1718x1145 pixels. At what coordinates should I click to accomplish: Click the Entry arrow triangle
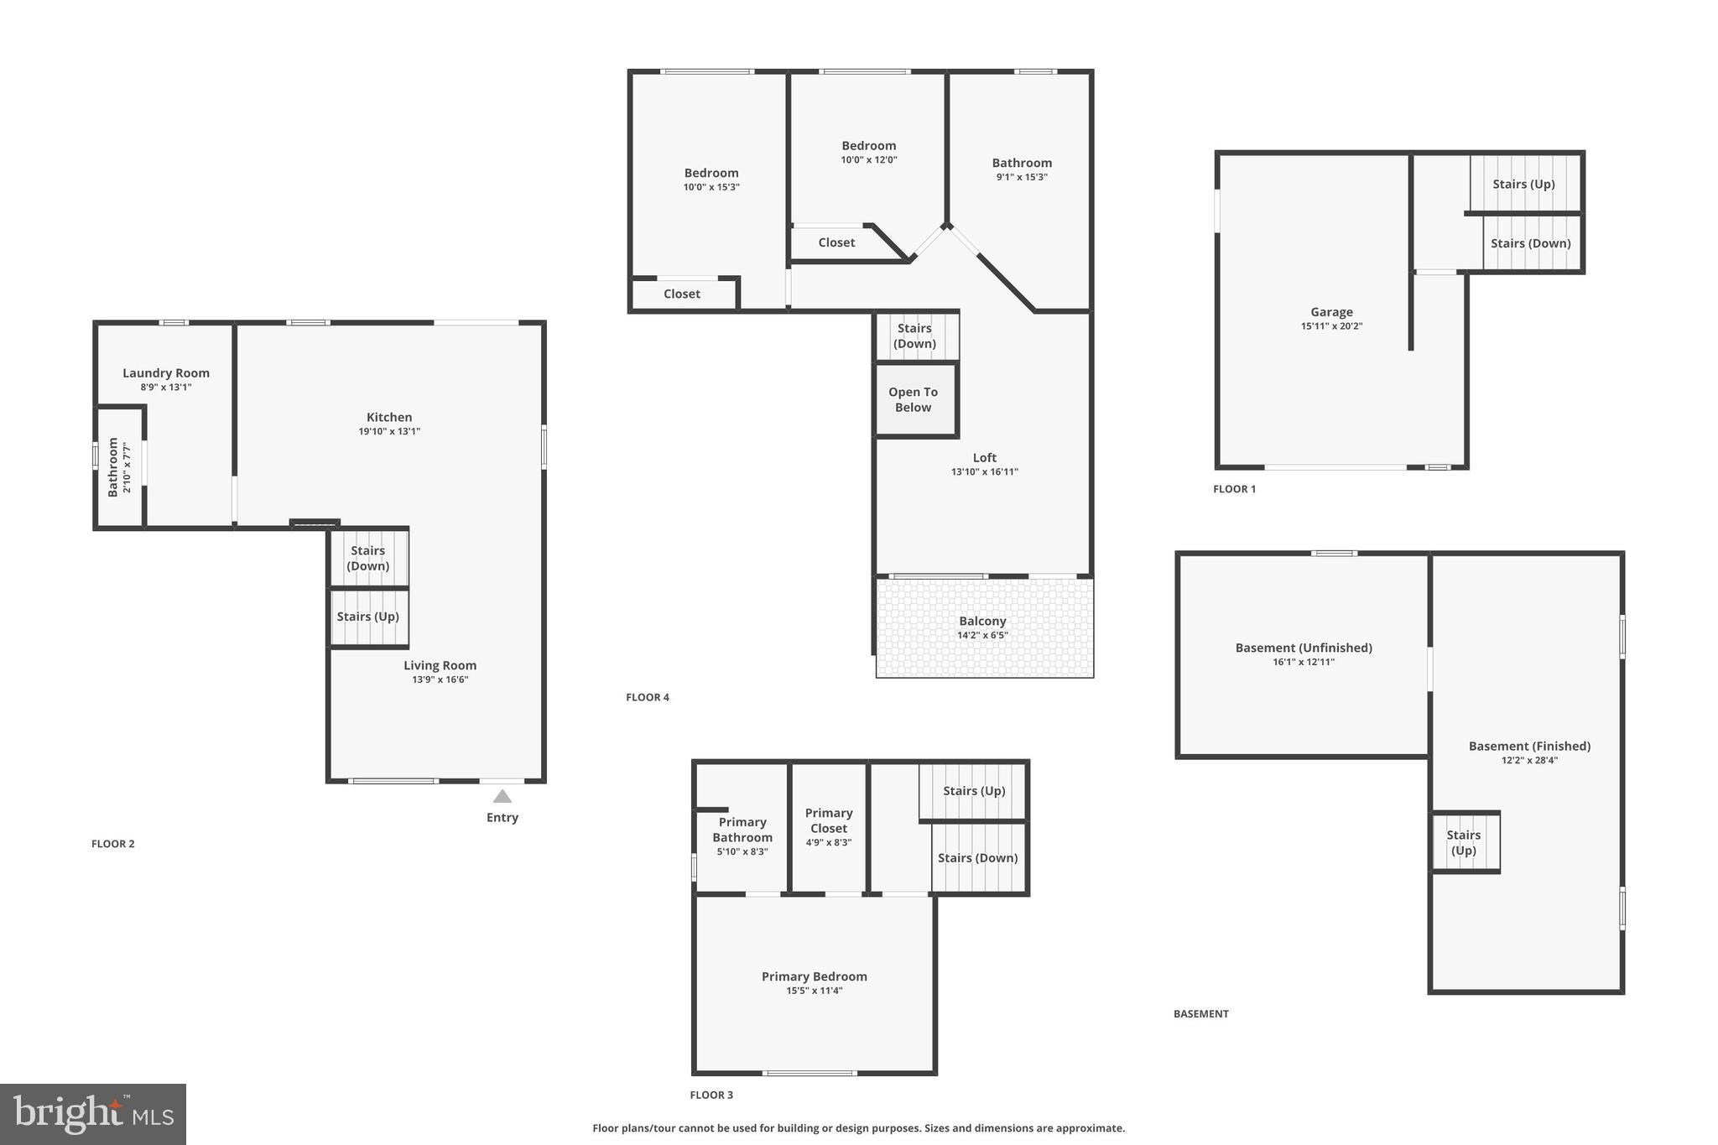pos(502,796)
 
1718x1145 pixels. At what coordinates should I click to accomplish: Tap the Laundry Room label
pos(166,373)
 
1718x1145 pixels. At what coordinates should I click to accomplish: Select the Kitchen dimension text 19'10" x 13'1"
pos(389,431)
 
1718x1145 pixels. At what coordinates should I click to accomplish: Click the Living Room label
pos(440,665)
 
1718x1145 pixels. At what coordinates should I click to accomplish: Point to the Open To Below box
pos(914,400)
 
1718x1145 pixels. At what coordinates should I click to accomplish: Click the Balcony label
pos(982,621)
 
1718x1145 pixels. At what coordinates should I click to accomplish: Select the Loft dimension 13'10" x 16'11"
pos(984,471)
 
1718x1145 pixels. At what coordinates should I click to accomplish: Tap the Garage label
pos(1331,312)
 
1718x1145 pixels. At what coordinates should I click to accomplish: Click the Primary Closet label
pos(829,820)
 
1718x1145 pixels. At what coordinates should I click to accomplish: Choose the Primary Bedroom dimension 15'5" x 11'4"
pos(814,991)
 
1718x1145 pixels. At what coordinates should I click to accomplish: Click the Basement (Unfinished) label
pos(1304,648)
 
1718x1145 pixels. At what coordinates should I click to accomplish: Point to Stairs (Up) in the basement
pos(1464,842)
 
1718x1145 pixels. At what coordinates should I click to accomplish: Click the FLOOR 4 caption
pos(648,697)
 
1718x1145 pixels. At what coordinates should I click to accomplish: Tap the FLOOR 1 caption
pos(1234,489)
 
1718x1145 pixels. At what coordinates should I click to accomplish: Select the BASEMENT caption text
pos(1200,1013)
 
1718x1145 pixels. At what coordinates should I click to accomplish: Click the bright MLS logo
pos(93,1114)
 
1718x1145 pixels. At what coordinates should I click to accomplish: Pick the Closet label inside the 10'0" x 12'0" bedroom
pos(836,242)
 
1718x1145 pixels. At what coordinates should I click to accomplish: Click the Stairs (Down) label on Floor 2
pos(368,558)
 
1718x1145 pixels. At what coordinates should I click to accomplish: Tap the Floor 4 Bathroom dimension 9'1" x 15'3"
pos(1022,177)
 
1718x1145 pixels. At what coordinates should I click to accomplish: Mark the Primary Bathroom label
pos(742,830)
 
